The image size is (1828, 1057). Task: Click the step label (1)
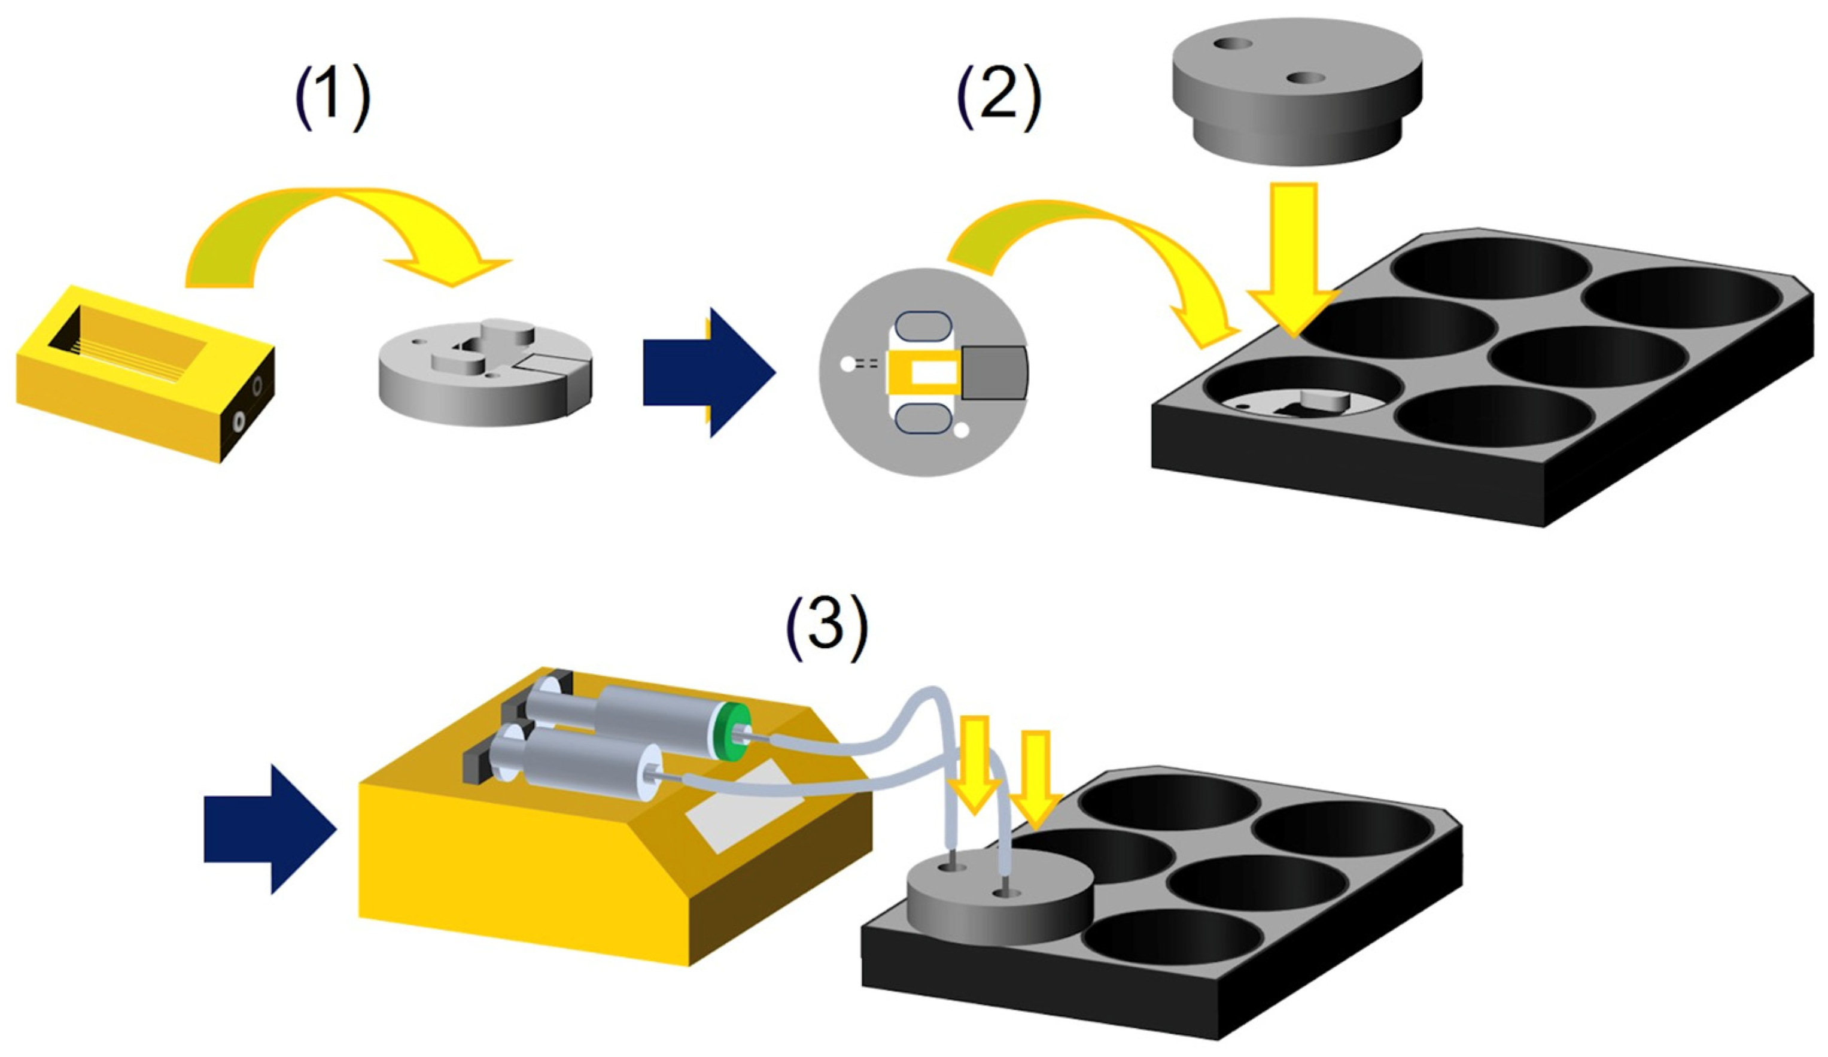(332, 100)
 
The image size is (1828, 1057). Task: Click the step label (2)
(999, 100)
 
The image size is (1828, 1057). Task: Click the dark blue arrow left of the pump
(269, 829)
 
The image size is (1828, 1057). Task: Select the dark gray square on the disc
(994, 372)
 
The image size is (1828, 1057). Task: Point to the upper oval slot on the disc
(923, 326)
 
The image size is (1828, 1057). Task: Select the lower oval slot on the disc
(923, 420)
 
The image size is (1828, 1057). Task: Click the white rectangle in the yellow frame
(935, 373)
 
